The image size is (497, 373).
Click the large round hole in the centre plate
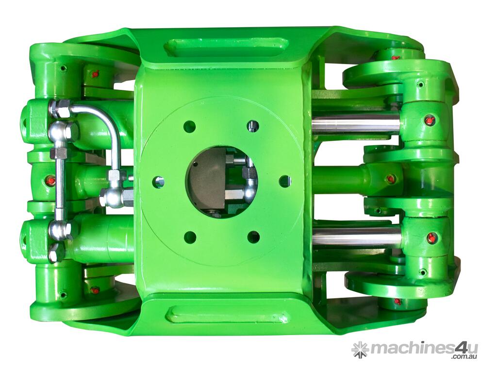coord(221,182)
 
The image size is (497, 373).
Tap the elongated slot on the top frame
coord(227,47)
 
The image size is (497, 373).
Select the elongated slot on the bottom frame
coord(227,314)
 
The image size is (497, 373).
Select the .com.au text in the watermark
coord(463,357)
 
